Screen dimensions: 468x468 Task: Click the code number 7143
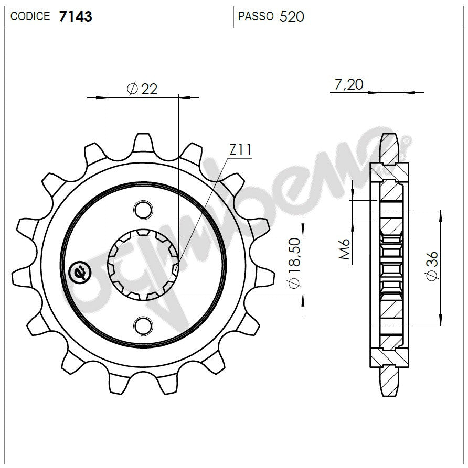(76, 17)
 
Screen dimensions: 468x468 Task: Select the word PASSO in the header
(256, 17)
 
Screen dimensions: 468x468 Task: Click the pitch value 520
(292, 17)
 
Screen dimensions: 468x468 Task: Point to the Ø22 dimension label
(142, 89)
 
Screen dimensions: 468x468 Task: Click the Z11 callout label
(240, 151)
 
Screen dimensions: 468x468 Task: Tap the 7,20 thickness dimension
(348, 84)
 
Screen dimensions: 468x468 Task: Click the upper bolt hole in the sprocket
(142, 210)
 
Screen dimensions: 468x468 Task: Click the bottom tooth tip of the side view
(388, 394)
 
